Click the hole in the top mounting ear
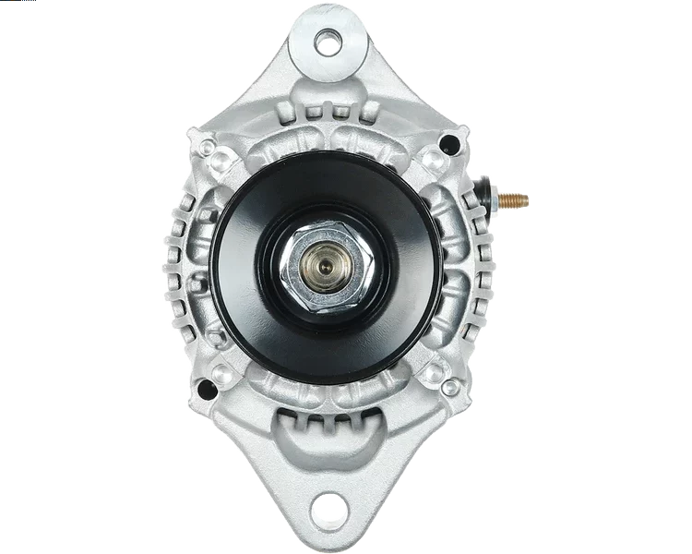point(326,41)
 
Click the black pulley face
point(249,277)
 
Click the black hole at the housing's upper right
point(448,143)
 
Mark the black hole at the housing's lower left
point(207,390)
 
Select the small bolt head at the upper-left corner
point(205,147)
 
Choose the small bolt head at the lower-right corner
point(451,387)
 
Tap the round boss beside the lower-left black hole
point(222,373)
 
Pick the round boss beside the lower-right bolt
point(434,372)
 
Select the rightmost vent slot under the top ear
point(367,113)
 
